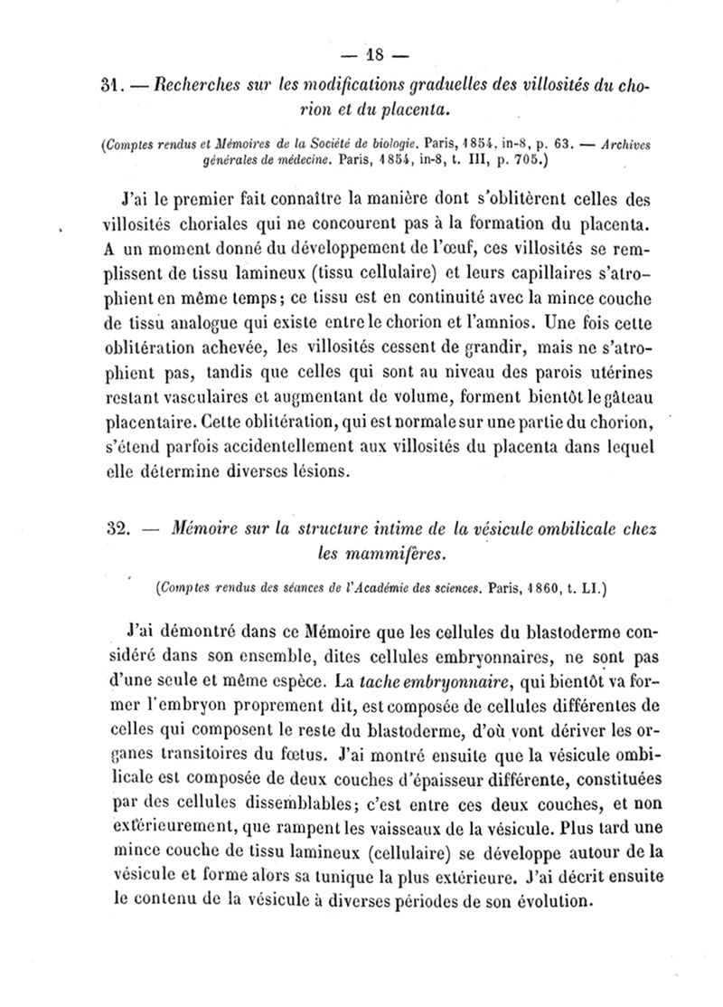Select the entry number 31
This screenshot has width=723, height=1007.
pyautogui.click(x=111, y=90)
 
